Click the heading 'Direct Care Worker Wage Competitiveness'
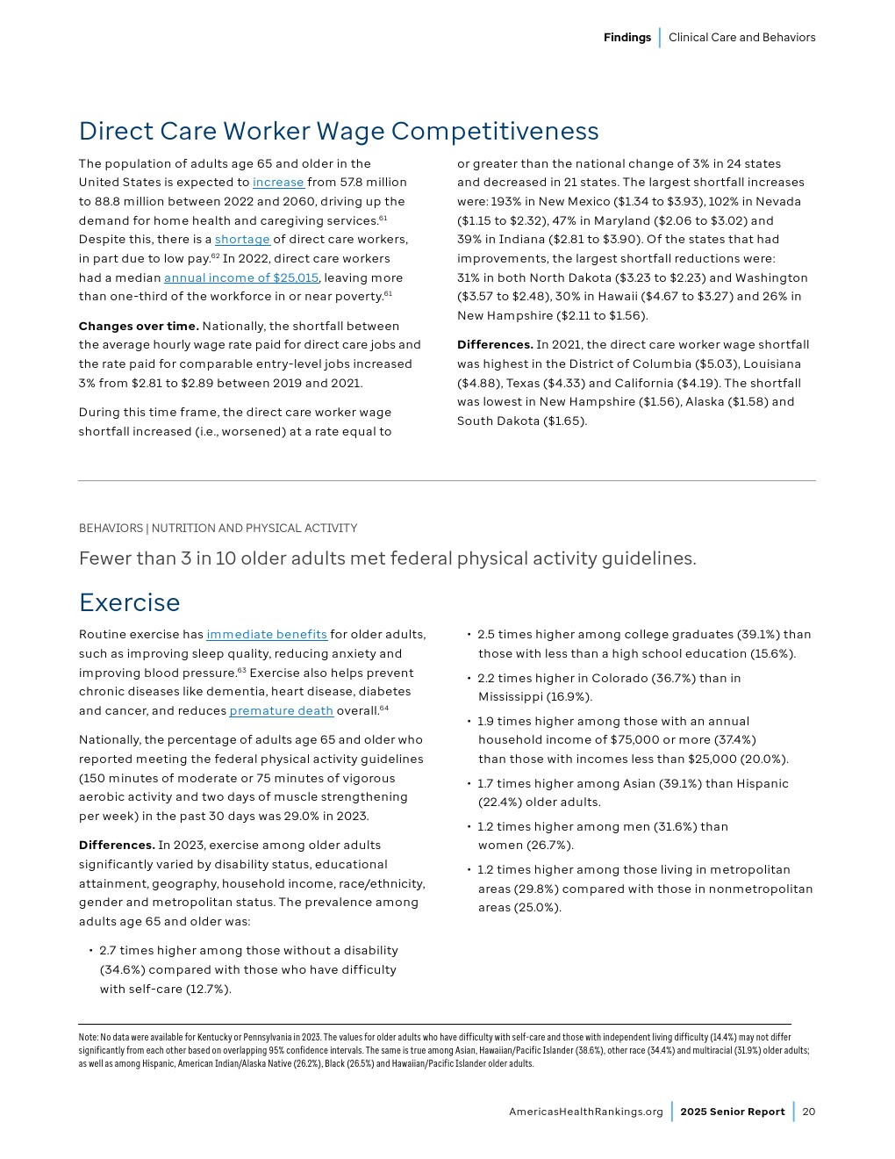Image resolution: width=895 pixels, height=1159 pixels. tap(339, 131)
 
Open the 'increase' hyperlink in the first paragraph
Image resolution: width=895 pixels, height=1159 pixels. tap(278, 183)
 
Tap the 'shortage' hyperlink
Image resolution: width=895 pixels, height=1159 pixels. tap(242, 240)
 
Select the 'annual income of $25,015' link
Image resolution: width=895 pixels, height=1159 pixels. tap(241, 277)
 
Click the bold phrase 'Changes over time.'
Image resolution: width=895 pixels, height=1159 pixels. tap(139, 326)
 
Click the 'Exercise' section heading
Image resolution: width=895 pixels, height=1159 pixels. tap(129, 602)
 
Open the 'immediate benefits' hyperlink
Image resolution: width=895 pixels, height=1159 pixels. tap(267, 635)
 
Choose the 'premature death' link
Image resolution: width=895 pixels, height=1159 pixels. tap(281, 711)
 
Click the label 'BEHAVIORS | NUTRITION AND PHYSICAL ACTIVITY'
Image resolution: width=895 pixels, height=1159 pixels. tap(218, 529)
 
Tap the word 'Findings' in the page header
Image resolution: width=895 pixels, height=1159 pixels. tap(626, 38)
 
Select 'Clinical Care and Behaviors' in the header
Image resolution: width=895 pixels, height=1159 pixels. tap(741, 38)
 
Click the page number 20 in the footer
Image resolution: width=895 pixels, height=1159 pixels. tap(808, 1112)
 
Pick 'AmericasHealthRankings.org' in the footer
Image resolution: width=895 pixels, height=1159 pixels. tap(586, 1112)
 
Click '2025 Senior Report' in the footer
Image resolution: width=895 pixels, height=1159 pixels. tap(733, 1112)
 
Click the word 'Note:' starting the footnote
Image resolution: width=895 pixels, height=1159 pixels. tap(88, 1038)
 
